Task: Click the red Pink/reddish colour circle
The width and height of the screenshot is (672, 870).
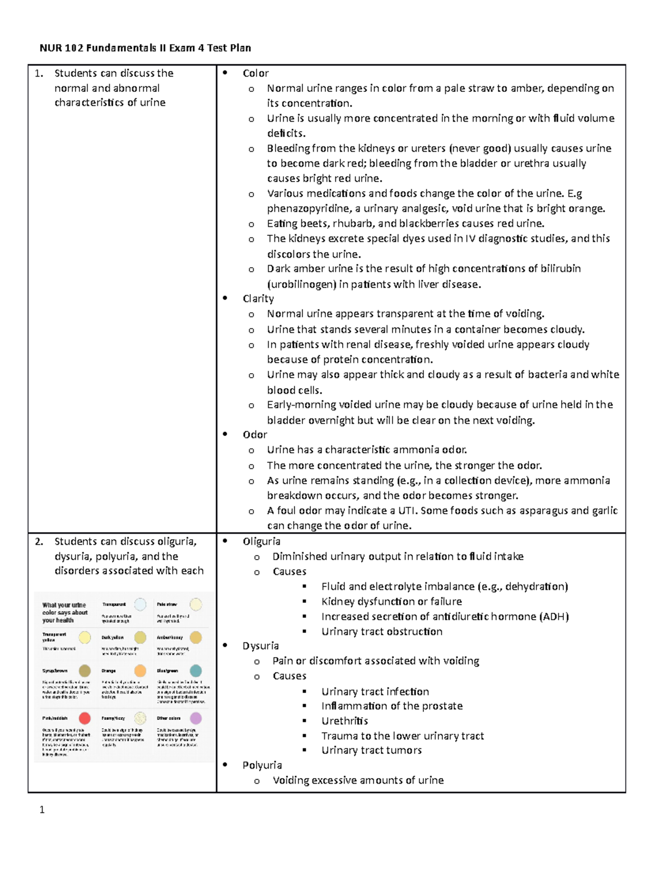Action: (x=85, y=718)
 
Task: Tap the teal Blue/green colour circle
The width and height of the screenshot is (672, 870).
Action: (x=195, y=671)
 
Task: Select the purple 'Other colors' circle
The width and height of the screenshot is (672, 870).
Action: (x=195, y=718)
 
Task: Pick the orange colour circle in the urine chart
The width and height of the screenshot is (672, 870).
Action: (x=140, y=671)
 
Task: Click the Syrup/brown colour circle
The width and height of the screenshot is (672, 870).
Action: (x=85, y=671)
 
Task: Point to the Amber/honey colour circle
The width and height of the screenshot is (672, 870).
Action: (x=195, y=638)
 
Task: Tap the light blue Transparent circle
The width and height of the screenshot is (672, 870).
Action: (x=140, y=604)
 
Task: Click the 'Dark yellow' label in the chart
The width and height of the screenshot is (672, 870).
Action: (x=113, y=638)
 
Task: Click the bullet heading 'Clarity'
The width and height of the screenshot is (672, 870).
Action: (x=258, y=299)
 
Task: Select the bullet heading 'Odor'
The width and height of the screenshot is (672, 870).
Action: (x=255, y=435)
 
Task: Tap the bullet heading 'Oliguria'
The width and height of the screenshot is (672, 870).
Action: (x=262, y=541)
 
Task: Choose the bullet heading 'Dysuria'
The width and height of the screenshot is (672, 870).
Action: (x=260, y=646)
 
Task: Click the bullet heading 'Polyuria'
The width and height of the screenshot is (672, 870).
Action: (x=262, y=765)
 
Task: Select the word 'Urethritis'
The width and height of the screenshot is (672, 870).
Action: (x=344, y=721)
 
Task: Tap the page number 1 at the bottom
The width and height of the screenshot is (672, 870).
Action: (x=42, y=809)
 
